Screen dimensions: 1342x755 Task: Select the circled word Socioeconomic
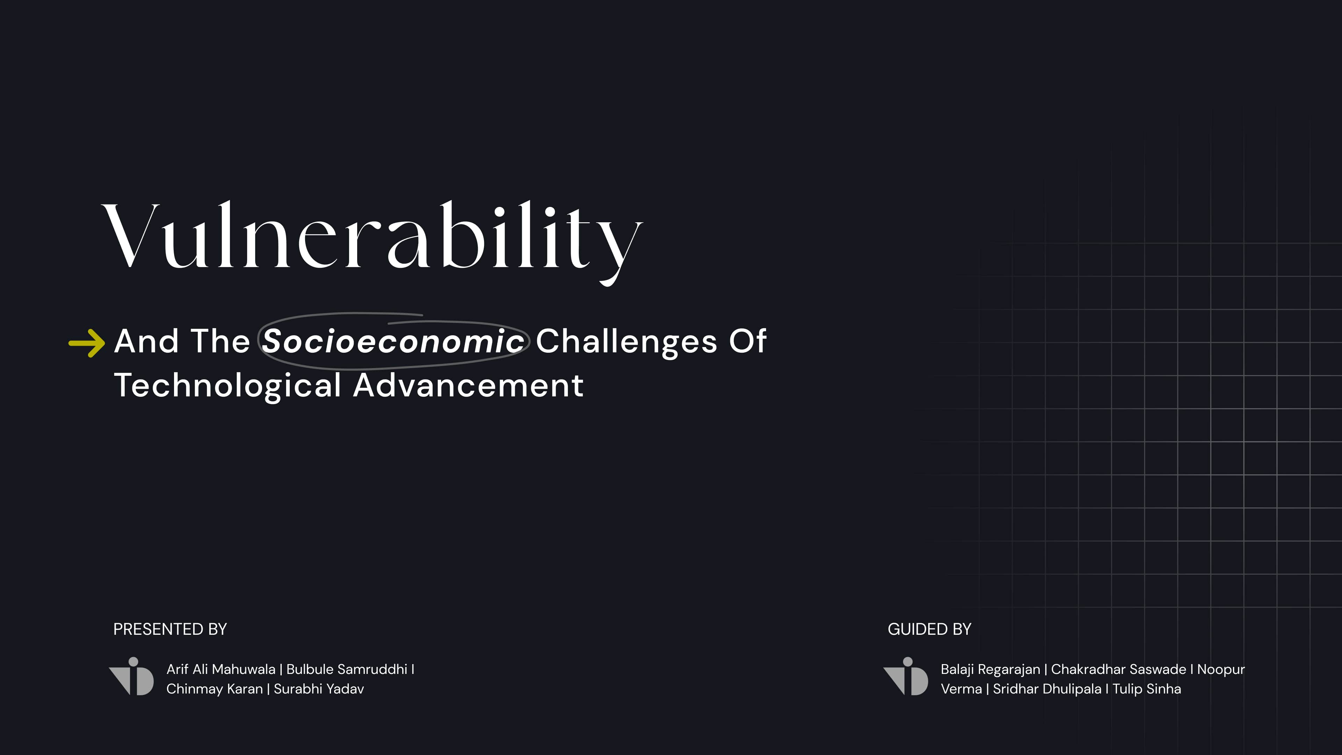pos(393,341)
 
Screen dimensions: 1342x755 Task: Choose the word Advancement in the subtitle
pos(468,386)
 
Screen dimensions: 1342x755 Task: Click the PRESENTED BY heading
pos(170,629)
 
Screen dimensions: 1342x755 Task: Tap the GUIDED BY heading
pos(929,629)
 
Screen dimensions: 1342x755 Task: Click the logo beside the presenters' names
pos(131,676)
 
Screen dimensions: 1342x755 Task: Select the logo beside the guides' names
pos(906,676)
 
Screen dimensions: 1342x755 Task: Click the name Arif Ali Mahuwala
pos(221,669)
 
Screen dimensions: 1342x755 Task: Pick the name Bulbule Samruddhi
pos(347,669)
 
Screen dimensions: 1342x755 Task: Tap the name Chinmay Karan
pos(215,689)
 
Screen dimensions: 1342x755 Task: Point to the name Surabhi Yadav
pos(319,689)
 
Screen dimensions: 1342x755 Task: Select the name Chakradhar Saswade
pos(1118,669)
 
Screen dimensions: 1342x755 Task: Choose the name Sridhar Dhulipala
pos(1047,689)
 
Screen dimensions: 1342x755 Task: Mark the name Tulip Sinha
pos(1147,689)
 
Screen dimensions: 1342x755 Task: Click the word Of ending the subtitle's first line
pos(748,341)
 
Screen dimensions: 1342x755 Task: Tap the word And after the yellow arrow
pos(146,341)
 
